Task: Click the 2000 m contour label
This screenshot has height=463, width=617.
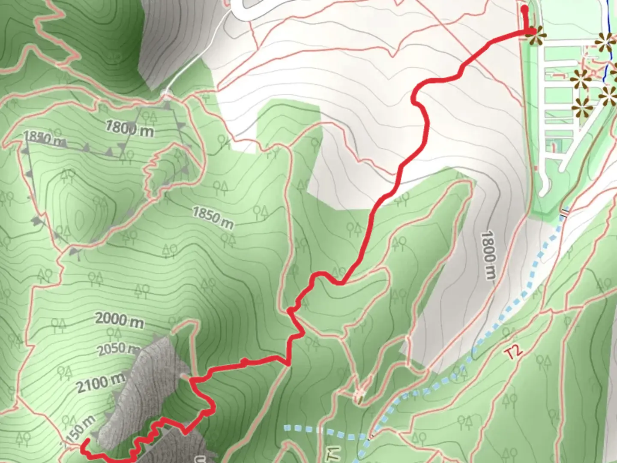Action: coord(119,320)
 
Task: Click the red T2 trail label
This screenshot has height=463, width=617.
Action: coord(514,352)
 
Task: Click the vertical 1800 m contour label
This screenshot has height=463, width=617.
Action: coord(488,255)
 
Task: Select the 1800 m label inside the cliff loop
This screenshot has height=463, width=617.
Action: coord(129,128)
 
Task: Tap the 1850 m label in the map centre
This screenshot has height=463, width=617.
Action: coord(213,218)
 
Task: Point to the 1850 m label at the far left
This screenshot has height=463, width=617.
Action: coord(43,138)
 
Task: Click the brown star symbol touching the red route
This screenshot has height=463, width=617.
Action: coord(535,36)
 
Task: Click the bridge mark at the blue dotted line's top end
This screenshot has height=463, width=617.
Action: coord(565,212)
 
